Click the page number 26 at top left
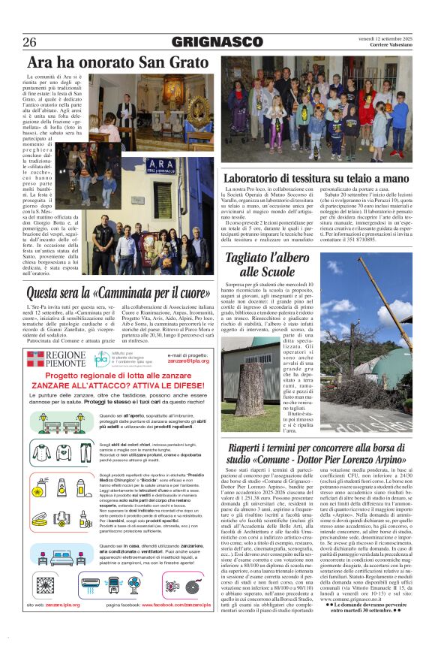click(31, 43)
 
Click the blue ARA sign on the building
click(160, 164)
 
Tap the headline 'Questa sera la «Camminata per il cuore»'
click(118, 293)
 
